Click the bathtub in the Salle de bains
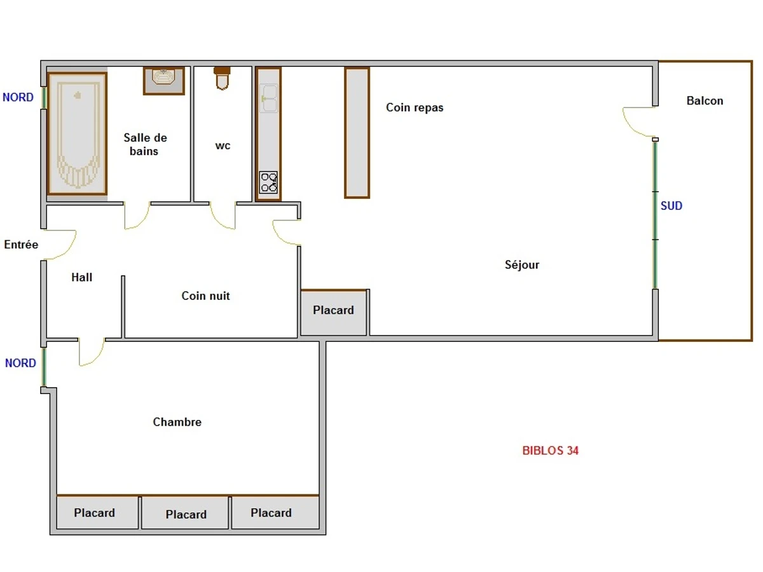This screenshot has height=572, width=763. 77,133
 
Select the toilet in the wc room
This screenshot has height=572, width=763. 221,78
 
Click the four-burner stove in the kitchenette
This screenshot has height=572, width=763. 268,182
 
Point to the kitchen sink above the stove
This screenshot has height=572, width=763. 268,99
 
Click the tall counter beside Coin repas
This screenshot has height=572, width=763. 357,132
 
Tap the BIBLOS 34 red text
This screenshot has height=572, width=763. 550,451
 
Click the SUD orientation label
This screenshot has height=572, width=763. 671,206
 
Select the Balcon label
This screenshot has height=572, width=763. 705,100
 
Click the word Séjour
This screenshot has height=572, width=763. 521,264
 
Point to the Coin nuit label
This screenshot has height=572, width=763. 205,296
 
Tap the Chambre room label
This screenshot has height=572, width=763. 177,422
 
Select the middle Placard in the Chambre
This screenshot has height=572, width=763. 186,514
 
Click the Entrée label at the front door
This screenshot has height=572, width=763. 21,245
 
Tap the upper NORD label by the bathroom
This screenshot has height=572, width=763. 18,97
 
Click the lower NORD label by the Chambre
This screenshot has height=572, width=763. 20,363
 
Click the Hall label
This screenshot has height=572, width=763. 81,277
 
